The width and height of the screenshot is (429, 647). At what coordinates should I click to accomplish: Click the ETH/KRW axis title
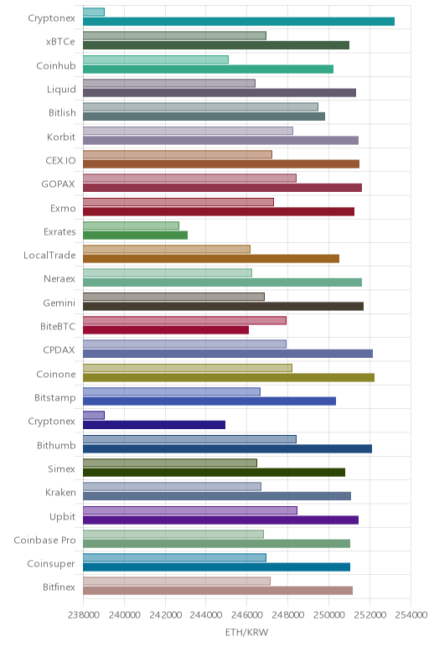tap(246, 632)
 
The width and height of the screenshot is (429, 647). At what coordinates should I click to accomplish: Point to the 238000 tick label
tap(83, 615)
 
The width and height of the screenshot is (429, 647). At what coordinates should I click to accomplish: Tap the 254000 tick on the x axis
tap(411, 615)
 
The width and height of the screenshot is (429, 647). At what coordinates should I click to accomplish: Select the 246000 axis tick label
tap(246, 615)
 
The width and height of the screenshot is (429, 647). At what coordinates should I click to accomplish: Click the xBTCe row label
tap(60, 42)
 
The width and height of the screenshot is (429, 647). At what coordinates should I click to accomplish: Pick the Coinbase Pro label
tap(44, 540)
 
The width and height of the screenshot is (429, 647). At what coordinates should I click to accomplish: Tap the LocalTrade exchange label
tap(49, 256)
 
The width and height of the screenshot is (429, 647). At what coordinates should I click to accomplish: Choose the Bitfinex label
tap(59, 587)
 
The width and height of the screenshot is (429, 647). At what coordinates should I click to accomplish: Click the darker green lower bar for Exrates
tap(135, 236)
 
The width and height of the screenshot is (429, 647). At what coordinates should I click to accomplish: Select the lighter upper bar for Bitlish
tap(200, 107)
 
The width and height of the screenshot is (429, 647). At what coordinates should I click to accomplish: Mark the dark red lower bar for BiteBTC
tap(166, 330)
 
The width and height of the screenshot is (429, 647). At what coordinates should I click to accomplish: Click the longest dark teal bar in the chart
tap(239, 22)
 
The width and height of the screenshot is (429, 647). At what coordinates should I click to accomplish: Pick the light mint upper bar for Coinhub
tap(156, 60)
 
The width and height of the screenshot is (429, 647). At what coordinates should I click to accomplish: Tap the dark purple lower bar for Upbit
tap(220, 520)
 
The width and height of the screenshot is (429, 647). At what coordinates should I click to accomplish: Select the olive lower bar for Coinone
tap(229, 377)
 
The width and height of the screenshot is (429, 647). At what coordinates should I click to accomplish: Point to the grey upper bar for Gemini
tap(173, 297)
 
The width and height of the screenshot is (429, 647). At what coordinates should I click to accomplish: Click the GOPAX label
tap(58, 184)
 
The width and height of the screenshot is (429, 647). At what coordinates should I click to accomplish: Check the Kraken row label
tap(60, 493)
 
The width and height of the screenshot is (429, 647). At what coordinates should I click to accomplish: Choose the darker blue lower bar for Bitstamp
tap(209, 401)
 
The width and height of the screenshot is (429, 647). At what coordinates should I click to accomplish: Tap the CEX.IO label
tap(60, 161)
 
